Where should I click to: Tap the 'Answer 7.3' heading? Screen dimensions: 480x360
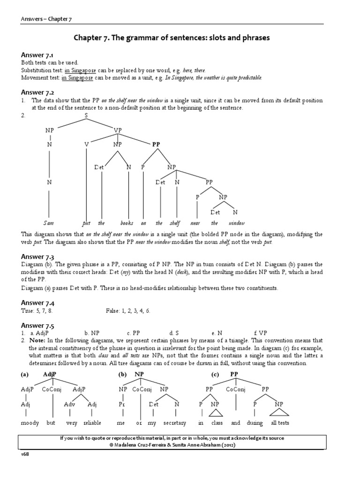coord(37,256)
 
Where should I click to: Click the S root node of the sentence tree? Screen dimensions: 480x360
coord(86,115)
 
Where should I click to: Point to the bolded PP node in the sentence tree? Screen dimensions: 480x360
coord(156,145)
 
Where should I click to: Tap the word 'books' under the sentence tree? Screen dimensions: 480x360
coord(127,223)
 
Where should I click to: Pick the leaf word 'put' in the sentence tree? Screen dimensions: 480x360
coord(86,223)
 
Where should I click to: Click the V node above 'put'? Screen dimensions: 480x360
coord(86,145)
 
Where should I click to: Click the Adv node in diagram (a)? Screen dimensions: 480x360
coord(69,404)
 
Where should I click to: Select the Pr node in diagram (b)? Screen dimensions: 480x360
coord(122,404)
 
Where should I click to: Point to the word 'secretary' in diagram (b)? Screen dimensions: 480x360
coord(175,422)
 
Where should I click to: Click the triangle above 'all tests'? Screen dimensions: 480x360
coord(278,413)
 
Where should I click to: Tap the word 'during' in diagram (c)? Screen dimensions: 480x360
coord(255,422)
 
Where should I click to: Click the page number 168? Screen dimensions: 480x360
coord(25,454)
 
